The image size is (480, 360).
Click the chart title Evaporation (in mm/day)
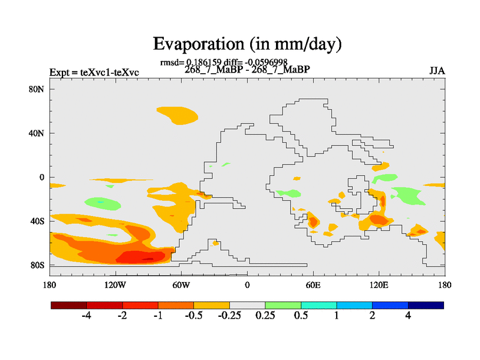click(247, 44)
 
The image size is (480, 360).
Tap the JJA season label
click(437, 71)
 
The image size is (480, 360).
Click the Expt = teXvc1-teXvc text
click(94, 73)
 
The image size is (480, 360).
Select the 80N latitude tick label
click(37, 89)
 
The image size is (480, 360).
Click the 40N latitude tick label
click(37, 133)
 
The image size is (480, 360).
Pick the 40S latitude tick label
click(37, 221)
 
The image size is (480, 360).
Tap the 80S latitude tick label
click(37, 265)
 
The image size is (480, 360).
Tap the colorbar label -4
click(86, 316)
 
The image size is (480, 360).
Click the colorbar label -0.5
click(194, 316)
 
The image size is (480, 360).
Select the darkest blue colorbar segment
click(426, 305)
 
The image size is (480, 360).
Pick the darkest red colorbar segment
click(69, 305)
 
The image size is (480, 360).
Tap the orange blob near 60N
click(177, 115)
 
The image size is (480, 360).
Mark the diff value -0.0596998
click(272, 62)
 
